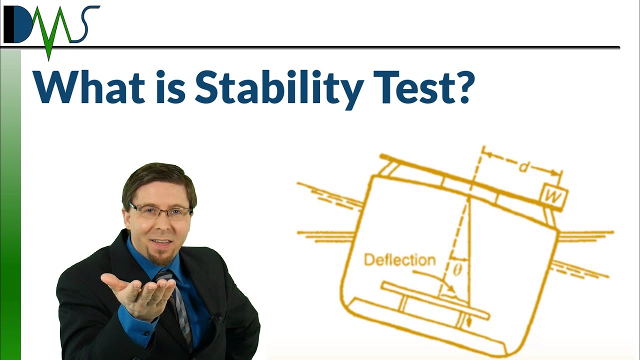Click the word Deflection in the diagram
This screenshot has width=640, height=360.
coord(399,260)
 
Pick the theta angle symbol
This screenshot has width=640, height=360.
coord(456,270)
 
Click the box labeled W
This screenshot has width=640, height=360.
coord(553,196)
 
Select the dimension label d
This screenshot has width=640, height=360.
coord(523,167)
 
